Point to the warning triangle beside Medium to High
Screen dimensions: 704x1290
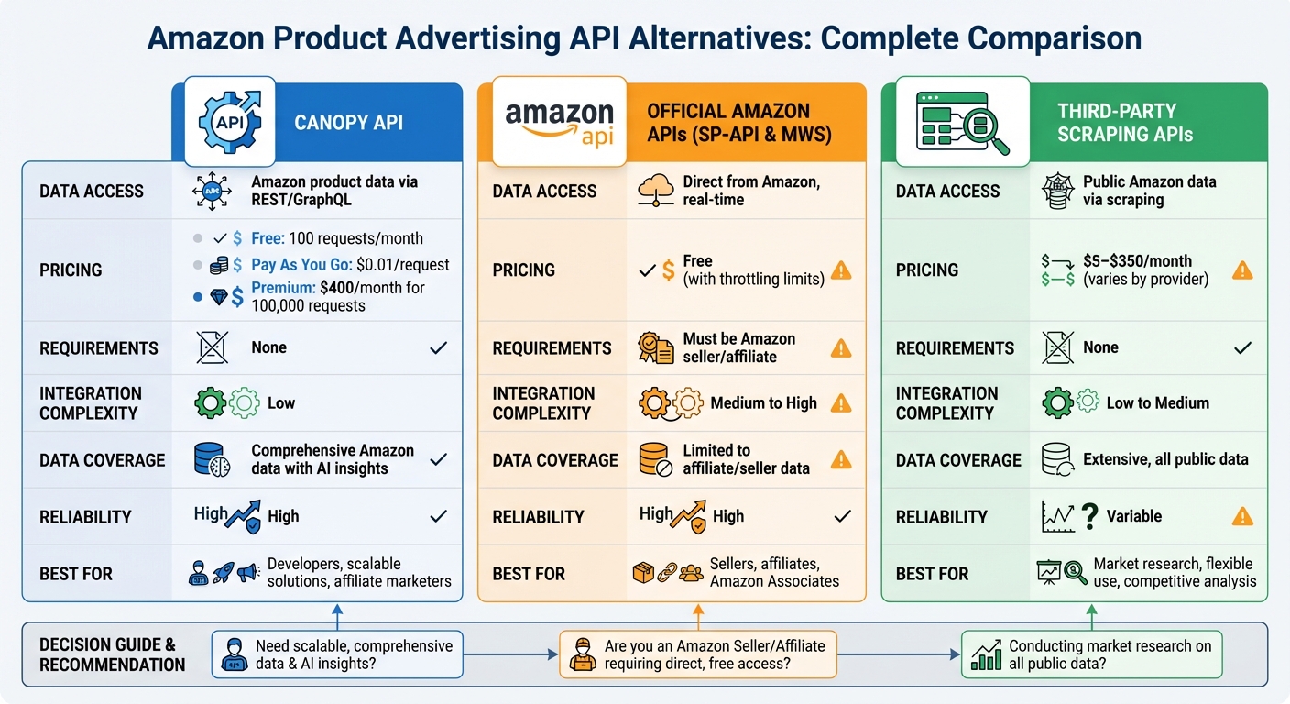840,403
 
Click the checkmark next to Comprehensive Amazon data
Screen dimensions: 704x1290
438,459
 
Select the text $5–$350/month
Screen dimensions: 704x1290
1137,260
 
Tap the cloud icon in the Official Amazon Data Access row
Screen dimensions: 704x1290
653,191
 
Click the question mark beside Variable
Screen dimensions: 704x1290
1089,516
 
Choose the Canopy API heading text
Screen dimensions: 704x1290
348,123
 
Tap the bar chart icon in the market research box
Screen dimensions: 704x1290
985,655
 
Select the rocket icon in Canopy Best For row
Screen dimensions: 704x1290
223,573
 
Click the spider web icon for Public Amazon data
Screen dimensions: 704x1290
1056,191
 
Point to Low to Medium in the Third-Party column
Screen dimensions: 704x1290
1157,403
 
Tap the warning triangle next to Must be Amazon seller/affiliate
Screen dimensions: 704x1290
840,348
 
